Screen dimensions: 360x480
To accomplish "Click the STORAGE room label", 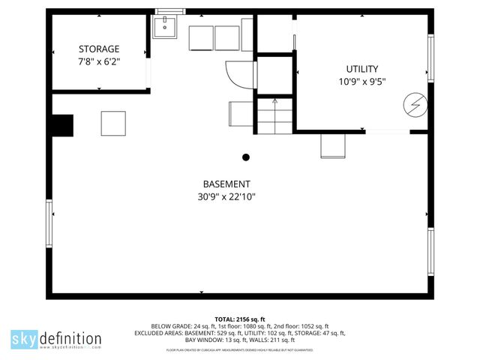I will pyautogui.click(x=99, y=49).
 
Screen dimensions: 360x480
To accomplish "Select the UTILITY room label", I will pyautogui.click(x=361, y=69).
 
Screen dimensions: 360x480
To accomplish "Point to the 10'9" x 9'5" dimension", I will pyautogui.click(x=361, y=82).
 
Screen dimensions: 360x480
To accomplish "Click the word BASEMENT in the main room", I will pyautogui.click(x=226, y=184).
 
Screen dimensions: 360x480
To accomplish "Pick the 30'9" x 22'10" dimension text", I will pyautogui.click(x=226, y=198).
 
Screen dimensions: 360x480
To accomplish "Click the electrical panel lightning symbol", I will pyautogui.click(x=413, y=104).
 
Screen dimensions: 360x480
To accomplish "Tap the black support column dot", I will pyautogui.click(x=245, y=157).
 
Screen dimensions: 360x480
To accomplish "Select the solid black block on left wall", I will pyautogui.click(x=62, y=125).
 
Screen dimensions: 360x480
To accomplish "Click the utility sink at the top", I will pyautogui.click(x=164, y=28).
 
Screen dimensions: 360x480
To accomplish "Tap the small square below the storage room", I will pyautogui.click(x=113, y=122).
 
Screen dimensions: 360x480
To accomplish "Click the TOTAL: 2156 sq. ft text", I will pyautogui.click(x=240, y=319).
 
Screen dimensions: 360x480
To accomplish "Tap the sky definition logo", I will pyautogui.click(x=55, y=339).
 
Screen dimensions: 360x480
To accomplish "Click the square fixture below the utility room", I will pyautogui.click(x=332, y=145).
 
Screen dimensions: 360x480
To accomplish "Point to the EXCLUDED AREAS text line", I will pyautogui.click(x=240, y=333).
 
